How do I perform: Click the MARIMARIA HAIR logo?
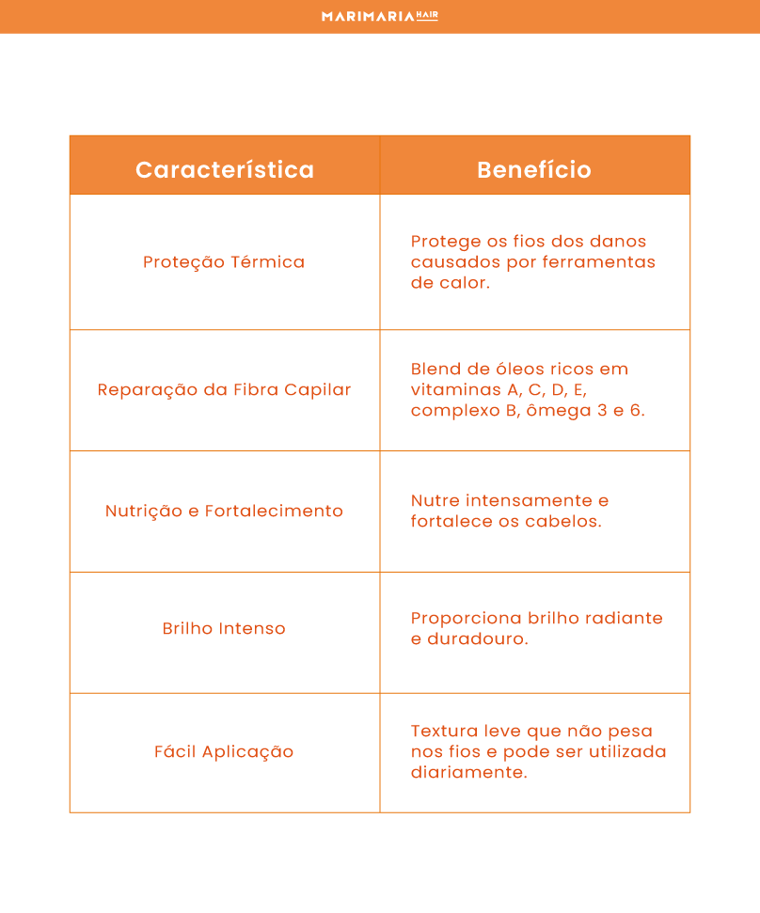click(x=379, y=16)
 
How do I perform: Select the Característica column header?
click(x=225, y=169)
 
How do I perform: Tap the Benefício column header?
click(x=533, y=169)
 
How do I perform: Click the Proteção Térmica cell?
click(x=224, y=262)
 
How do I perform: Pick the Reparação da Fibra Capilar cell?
click(x=224, y=389)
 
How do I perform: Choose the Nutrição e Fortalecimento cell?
click(x=224, y=511)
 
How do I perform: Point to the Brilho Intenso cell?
click(x=224, y=628)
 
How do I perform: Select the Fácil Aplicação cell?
click(x=224, y=751)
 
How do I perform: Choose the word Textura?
click(x=444, y=731)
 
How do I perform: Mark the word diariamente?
click(x=468, y=772)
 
